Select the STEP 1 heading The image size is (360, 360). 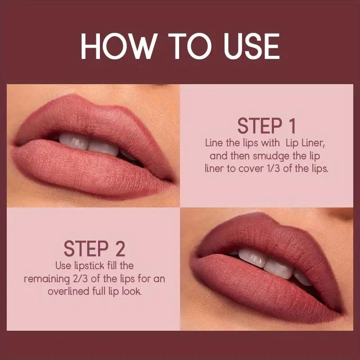[x=266, y=126]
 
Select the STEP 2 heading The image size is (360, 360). [x=94, y=248]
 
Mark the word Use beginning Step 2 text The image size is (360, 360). [x=63, y=266]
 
